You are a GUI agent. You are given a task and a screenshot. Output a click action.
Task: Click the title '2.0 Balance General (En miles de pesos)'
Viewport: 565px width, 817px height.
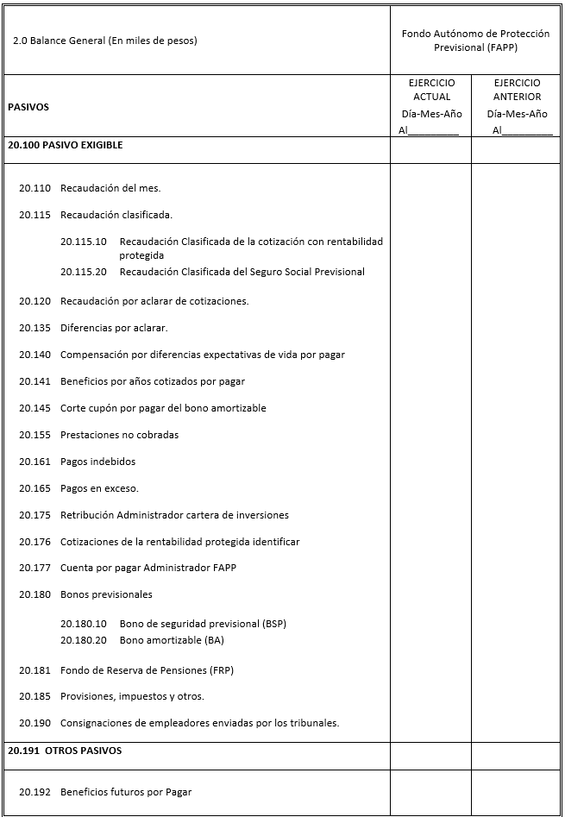[104, 41]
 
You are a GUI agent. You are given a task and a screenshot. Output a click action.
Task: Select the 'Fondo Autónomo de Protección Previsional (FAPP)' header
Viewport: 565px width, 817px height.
[475, 41]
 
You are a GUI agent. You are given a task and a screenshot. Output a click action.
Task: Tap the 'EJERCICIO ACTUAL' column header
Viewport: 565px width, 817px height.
[431, 90]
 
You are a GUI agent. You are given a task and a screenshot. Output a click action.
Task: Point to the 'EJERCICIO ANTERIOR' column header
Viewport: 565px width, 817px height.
[517, 90]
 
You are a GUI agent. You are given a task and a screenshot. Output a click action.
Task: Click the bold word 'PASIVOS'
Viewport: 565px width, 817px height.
[28, 108]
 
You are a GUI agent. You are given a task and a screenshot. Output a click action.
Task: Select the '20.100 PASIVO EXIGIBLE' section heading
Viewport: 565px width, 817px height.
[66, 146]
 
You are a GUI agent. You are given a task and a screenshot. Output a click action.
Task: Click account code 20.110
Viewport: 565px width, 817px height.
[35, 188]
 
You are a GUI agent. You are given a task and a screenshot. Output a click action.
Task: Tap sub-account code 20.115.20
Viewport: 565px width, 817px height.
[84, 272]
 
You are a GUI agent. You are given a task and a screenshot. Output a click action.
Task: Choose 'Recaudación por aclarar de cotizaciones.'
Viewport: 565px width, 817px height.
[154, 301]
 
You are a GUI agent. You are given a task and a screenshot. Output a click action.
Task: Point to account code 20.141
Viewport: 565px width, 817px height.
[35, 381]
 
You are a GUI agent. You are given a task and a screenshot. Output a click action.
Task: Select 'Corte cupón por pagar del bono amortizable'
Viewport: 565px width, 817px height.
[163, 408]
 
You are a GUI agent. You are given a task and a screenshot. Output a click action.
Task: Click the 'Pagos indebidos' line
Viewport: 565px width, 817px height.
[97, 462]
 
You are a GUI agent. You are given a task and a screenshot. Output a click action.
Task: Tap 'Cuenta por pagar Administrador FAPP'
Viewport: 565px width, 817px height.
[148, 568]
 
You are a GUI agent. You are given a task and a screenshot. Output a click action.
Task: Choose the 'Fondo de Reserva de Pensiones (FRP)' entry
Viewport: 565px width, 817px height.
[147, 670]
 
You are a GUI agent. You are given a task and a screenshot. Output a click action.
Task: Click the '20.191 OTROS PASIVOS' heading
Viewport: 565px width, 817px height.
[65, 751]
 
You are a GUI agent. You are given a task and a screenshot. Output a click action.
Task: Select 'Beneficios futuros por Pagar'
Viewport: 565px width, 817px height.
[126, 792]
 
